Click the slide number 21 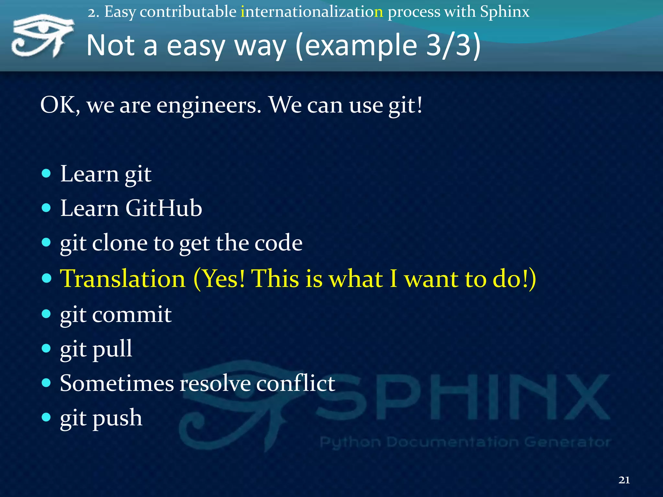(624, 480)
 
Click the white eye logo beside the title (42, 36)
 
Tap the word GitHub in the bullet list (163, 208)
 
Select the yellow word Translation (123, 279)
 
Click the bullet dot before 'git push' (47, 417)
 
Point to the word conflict (296, 383)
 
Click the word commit (132, 315)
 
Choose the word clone (120, 243)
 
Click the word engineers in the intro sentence (209, 105)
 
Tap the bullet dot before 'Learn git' (47, 173)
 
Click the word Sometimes (117, 383)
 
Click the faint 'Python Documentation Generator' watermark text (465, 442)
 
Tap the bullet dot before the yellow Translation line (47, 278)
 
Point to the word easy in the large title (196, 46)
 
